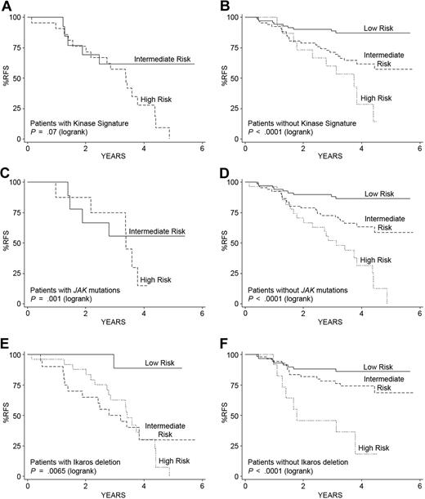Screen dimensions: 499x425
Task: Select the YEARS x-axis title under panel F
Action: (x=330, y=493)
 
